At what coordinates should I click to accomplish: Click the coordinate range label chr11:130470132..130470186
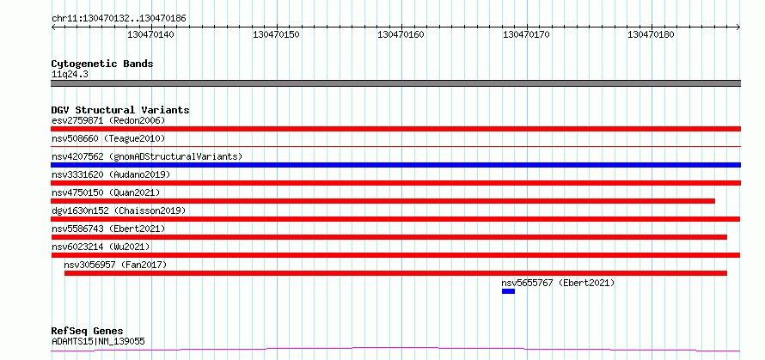(119, 19)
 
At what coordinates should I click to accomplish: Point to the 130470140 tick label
(150, 34)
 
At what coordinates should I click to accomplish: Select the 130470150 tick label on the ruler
(276, 34)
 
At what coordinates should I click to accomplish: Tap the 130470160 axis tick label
(401, 34)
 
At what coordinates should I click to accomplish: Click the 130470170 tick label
(526, 34)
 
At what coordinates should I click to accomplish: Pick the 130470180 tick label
(651, 34)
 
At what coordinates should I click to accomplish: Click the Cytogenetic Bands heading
(102, 64)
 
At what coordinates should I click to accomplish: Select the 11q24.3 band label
(70, 75)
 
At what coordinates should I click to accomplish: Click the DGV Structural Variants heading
(120, 110)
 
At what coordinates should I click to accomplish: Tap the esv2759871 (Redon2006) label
(108, 120)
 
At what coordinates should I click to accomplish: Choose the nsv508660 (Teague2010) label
(108, 138)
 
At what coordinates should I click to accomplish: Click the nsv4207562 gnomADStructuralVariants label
(147, 156)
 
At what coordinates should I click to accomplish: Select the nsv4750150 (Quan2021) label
(106, 192)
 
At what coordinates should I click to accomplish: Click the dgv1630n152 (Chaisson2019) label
(119, 211)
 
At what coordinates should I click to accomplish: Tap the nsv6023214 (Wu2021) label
(101, 247)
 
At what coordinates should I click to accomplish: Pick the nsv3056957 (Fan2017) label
(115, 265)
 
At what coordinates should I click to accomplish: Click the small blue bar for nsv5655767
(508, 291)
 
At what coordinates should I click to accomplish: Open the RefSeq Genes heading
(87, 332)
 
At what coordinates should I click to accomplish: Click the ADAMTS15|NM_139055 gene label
(98, 341)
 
